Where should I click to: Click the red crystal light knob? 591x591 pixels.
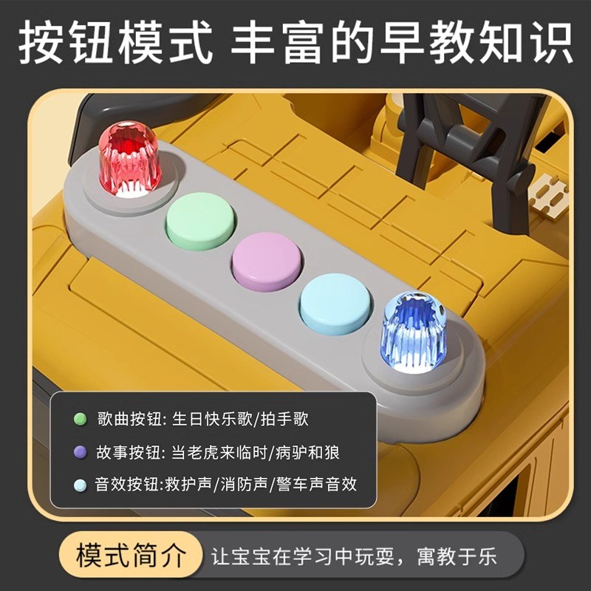(x=129, y=159)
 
